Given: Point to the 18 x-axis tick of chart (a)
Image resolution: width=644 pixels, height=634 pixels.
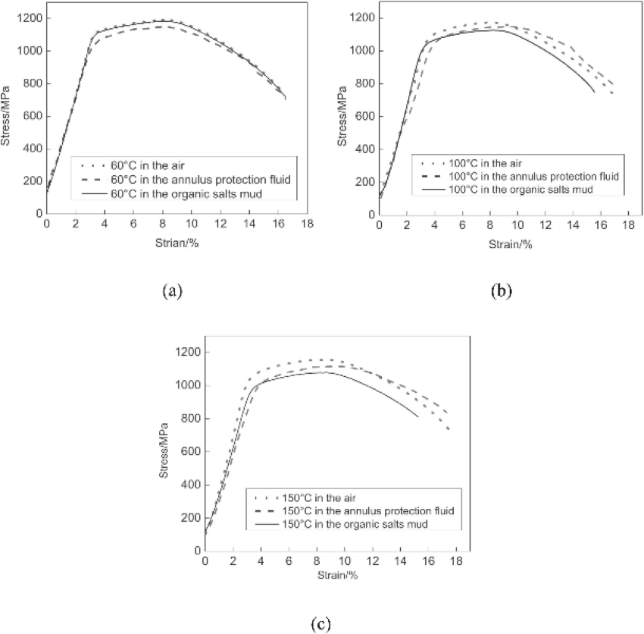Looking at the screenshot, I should coord(307,225).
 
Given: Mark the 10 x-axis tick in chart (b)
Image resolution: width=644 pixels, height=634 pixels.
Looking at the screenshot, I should coord(517,225).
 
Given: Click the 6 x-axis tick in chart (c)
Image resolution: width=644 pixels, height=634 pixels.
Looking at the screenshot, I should coord(289,561).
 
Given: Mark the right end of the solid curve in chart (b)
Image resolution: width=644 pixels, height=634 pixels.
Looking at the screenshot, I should coord(595,92).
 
